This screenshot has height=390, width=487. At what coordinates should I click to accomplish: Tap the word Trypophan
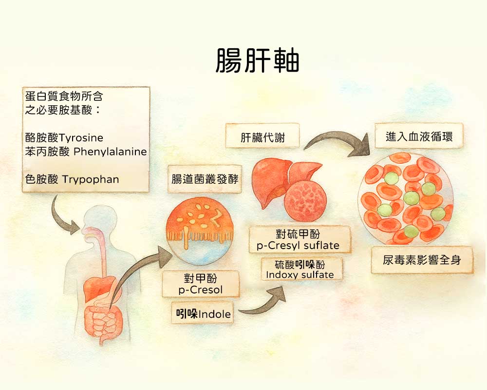coord(91,179)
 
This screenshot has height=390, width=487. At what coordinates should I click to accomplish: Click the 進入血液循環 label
coord(419,137)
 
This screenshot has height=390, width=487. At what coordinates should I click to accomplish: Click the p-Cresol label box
coord(201,284)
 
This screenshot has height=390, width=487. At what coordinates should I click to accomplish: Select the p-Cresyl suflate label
coord(298,239)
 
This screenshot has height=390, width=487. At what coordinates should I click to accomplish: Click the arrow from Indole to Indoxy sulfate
coord(263,302)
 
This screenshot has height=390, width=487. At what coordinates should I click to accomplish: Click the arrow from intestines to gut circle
coord(136,273)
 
